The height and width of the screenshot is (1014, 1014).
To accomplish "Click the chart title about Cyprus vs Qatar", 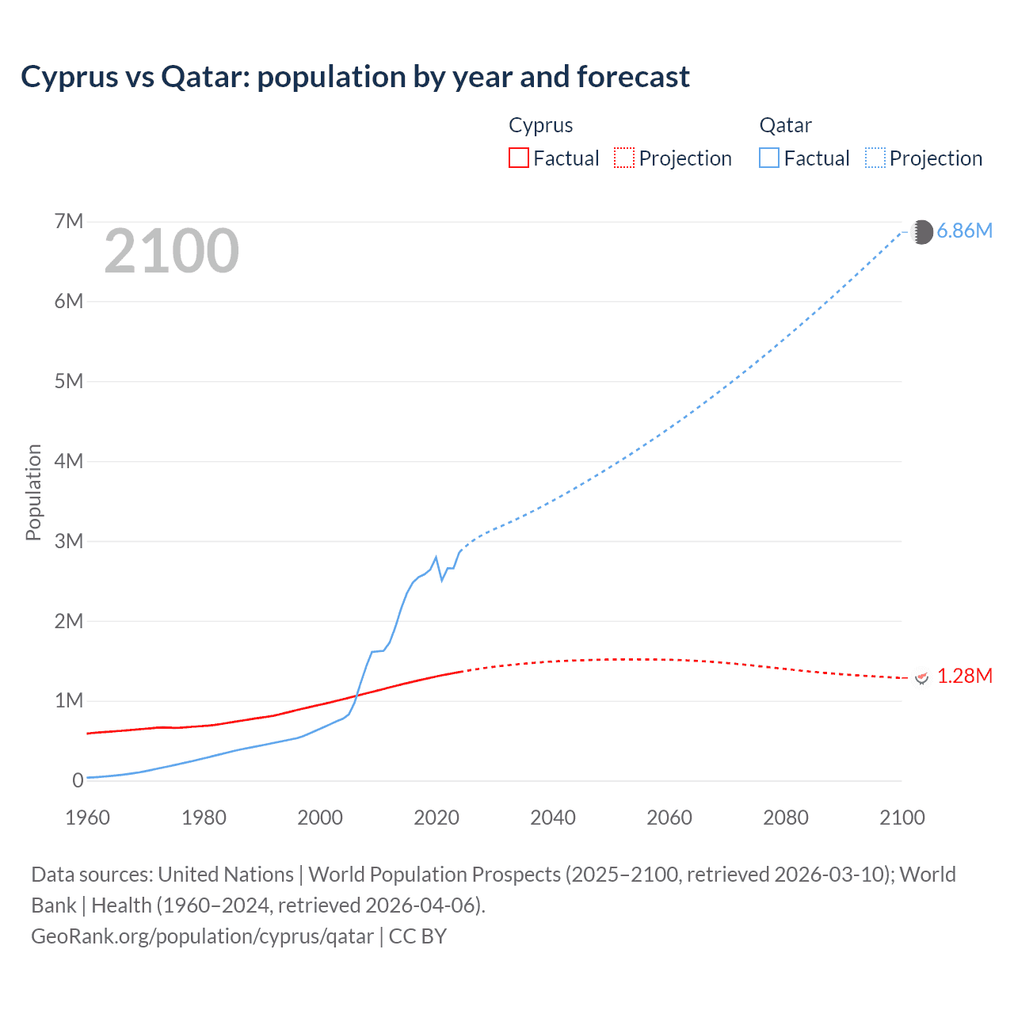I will [x=355, y=77].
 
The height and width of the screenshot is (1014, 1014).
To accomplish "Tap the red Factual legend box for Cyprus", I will [x=518, y=158].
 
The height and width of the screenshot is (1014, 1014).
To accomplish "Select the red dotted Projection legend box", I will [x=624, y=158].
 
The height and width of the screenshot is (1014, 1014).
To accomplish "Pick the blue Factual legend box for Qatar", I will [x=768, y=158].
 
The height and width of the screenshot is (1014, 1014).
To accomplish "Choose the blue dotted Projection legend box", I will [x=875, y=158].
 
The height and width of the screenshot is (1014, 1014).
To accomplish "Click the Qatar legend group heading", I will [x=785, y=125].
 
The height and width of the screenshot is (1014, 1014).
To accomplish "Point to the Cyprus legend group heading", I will [x=540, y=125].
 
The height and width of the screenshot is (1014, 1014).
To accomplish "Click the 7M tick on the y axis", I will [x=69, y=221].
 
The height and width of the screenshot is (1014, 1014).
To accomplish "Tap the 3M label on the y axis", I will [x=69, y=541].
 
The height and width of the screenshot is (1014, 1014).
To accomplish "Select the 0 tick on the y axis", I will [x=78, y=780].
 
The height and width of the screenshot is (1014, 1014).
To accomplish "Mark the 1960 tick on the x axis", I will [x=87, y=818].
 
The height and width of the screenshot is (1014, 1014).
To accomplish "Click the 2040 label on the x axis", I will [x=553, y=818].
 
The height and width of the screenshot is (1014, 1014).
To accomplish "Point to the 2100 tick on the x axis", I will [x=902, y=818].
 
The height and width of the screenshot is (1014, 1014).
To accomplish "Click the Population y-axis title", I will [x=33, y=492].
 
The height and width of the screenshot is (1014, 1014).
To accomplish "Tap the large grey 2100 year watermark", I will [x=171, y=251].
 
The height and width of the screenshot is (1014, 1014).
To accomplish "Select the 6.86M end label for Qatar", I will [x=964, y=231].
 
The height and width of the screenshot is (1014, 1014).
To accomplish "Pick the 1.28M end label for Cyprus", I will [x=964, y=676].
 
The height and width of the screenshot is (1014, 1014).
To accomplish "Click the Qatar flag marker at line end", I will [x=921, y=232].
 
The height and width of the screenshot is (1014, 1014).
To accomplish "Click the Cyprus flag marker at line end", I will [x=921, y=677].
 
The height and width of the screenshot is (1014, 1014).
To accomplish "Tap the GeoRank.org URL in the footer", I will [x=202, y=936].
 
